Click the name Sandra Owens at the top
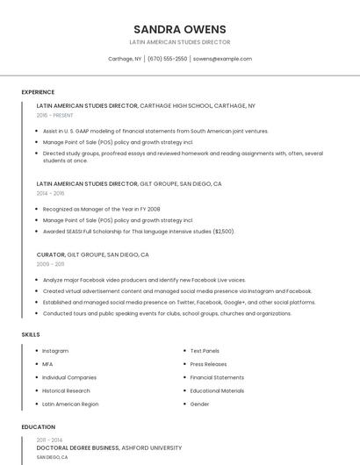[179, 29]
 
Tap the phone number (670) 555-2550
[167, 59]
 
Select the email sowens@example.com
[222, 59]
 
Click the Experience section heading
[38, 92]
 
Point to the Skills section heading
[31, 334]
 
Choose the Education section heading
[38, 427]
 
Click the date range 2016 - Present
[54, 115]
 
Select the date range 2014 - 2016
[50, 193]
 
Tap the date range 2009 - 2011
[50, 263]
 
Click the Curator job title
[50, 254]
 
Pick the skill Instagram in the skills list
[55, 351]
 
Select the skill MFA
[47, 364]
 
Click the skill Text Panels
[205, 351]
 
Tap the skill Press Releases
[208, 364]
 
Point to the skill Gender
[199, 404]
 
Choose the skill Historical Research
[66, 391]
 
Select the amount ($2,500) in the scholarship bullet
[224, 232]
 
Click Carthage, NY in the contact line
[125, 59]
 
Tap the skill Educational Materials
[217, 391]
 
